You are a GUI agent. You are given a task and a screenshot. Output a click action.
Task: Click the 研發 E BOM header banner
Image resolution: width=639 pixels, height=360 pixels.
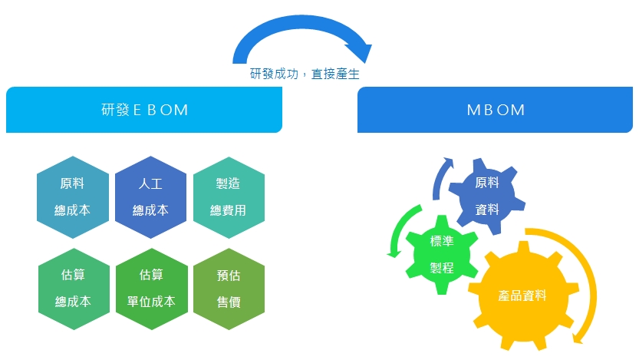144,110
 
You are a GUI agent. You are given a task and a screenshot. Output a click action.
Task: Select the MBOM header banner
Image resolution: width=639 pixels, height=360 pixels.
496,110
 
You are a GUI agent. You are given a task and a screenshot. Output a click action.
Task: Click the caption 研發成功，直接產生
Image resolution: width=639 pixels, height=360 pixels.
305,74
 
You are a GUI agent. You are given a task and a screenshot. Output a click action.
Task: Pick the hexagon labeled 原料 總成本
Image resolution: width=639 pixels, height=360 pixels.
72,197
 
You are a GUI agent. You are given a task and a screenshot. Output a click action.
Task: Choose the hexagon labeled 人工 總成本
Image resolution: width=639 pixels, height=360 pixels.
150,197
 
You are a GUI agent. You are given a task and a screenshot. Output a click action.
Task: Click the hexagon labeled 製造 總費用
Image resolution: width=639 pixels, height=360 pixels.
229,197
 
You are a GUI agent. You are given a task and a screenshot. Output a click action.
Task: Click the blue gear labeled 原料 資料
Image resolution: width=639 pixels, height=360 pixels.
486,196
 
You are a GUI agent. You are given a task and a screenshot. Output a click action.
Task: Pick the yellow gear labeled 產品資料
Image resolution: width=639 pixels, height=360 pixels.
522,296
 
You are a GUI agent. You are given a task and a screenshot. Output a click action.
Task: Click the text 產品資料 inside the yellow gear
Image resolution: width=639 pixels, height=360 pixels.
522,296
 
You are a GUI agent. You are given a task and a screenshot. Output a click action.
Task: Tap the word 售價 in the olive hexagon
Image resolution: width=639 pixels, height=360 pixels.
229,302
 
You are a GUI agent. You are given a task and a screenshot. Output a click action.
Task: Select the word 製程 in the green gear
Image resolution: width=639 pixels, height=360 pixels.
441,268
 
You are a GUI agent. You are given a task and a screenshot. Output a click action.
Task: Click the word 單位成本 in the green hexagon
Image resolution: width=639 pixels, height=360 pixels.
151,302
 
